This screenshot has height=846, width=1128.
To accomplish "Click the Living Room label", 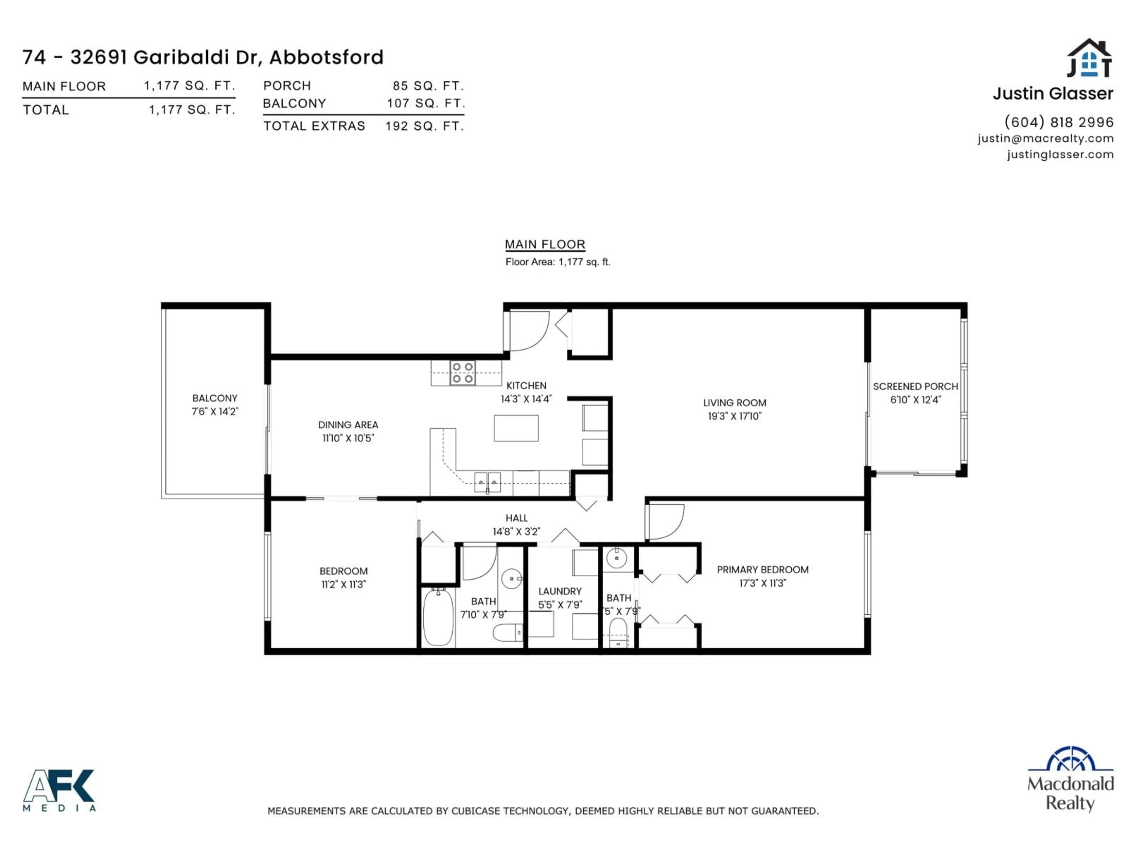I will click(734, 403).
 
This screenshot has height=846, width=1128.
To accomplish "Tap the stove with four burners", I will click(463, 373).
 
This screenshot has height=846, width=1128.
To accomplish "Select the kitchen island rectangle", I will click(516, 428).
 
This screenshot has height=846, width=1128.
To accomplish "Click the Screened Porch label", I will click(915, 387).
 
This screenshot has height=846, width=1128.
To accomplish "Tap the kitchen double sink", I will click(487, 482).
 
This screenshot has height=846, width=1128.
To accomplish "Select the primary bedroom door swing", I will click(665, 521).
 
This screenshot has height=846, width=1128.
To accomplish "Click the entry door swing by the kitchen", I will click(528, 330).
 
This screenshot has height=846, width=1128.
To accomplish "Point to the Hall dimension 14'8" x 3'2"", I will click(516, 531).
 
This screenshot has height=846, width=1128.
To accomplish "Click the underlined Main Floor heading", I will click(545, 244).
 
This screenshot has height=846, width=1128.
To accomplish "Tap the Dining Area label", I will click(348, 425).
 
